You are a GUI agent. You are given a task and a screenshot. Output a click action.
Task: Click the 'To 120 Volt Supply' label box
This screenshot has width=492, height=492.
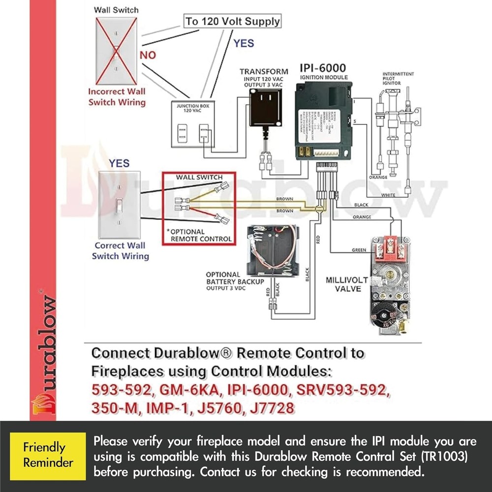232,21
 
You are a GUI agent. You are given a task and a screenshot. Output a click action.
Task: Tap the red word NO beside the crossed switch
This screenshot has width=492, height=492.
148,55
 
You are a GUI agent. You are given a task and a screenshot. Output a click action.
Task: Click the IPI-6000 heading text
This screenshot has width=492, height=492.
323,68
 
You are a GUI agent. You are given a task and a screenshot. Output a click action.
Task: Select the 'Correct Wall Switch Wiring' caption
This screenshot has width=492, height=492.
121,250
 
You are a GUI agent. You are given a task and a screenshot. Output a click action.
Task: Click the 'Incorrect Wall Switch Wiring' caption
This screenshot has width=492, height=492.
117,97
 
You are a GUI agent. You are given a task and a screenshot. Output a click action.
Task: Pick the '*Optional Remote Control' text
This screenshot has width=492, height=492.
199,235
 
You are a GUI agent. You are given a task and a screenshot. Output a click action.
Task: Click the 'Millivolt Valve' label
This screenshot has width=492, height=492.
347,284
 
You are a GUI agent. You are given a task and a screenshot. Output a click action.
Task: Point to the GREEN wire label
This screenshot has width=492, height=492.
359,250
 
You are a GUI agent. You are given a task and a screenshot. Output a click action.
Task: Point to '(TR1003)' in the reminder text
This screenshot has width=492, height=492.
447,456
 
